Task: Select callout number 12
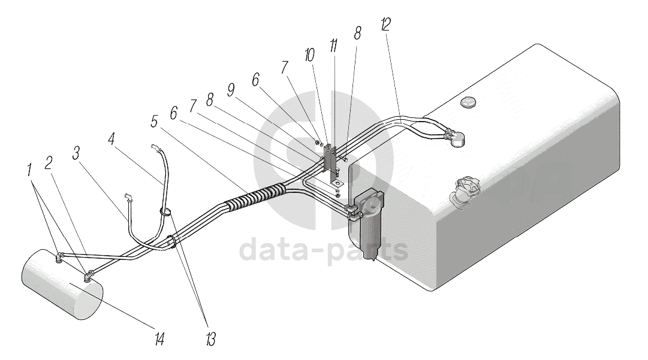click(385, 25)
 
